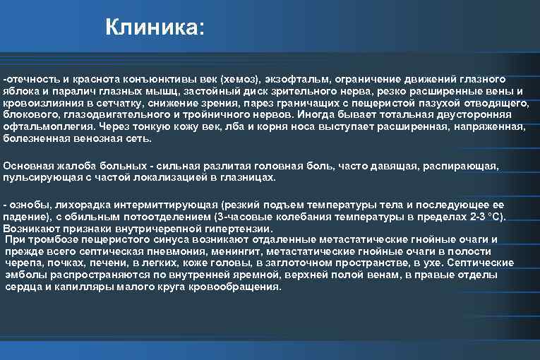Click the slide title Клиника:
tap(154, 29)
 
